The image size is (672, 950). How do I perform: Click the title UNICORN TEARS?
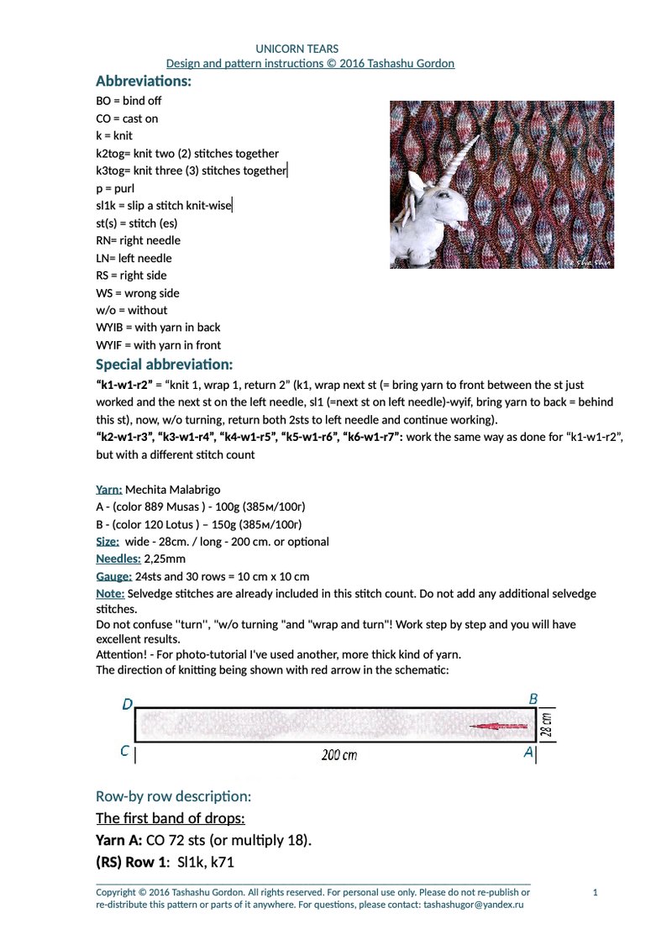coord(297,50)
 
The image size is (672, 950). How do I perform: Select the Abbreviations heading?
coord(144,81)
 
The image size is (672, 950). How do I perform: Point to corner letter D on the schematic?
coord(127,705)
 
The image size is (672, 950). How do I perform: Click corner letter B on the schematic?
coord(533,699)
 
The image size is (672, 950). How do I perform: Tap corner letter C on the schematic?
coord(124,752)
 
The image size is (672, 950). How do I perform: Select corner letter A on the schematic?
coord(528,753)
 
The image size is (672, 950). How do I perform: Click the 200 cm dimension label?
coord(339,755)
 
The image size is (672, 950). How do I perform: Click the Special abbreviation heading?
coord(164,365)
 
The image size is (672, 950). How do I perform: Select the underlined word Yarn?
coord(109,490)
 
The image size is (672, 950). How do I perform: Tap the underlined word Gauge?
coord(114,576)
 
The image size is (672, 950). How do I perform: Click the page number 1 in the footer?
coord(595,892)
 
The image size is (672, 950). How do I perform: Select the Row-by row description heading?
coord(174,795)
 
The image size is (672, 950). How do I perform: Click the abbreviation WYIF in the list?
coord(111,345)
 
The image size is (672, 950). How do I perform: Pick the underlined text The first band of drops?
coord(171,818)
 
